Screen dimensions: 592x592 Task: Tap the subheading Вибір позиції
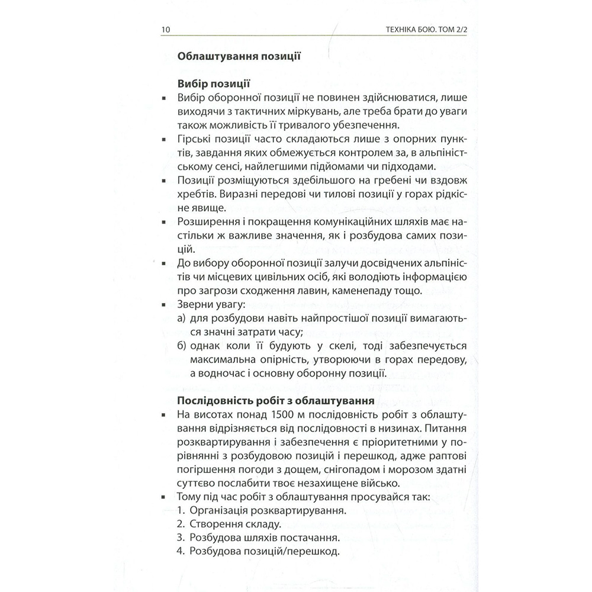coord(213,84)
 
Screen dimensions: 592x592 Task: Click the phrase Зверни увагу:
coord(206,305)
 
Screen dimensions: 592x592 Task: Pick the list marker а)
coord(182,319)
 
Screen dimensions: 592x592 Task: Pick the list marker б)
coord(182,346)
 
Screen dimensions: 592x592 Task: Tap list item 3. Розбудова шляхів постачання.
coord(258,539)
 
